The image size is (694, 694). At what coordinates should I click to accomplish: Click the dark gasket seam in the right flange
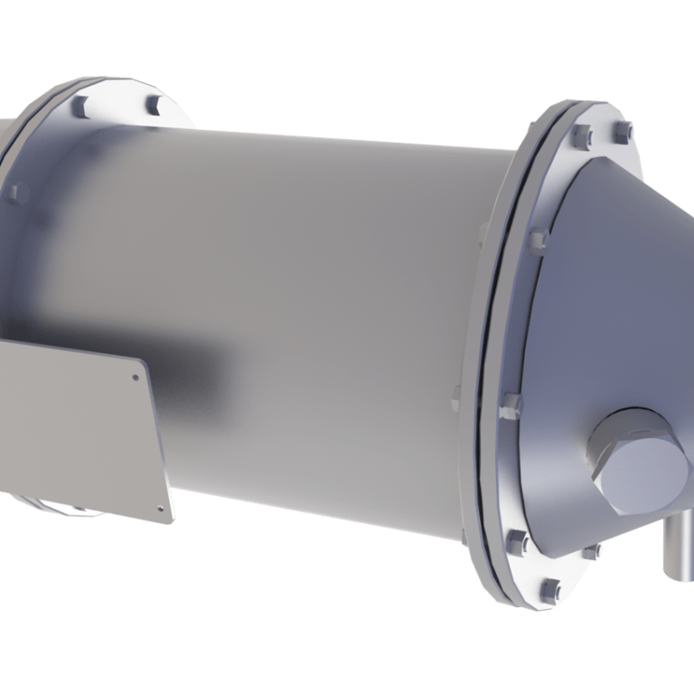point(496,361)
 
